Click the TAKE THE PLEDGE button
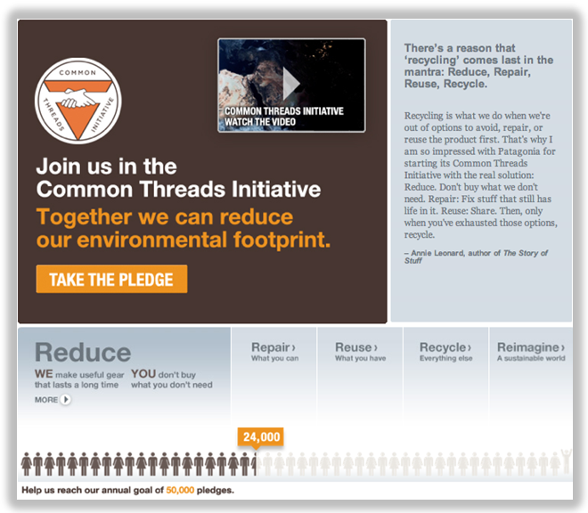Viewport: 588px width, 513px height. tap(111, 279)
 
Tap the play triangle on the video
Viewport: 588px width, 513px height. tap(290, 84)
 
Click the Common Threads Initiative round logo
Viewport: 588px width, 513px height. tap(78, 101)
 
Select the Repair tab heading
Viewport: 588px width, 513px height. tap(274, 346)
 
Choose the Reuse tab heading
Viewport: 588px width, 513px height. tap(356, 346)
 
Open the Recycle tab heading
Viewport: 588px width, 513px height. tap(445, 347)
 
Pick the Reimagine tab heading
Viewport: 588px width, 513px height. tap(531, 346)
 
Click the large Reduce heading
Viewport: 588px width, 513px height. tap(83, 352)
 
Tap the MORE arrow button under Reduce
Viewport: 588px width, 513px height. tap(66, 399)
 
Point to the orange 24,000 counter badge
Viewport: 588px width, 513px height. tap(261, 437)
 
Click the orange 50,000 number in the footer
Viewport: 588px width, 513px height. tap(180, 490)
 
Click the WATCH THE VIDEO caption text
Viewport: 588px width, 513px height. tap(260, 122)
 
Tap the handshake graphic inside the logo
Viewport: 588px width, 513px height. tap(78, 97)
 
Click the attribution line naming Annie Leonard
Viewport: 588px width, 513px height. tap(476, 256)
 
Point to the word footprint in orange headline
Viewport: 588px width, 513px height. tap(282, 240)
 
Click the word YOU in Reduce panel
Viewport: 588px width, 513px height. tap(143, 374)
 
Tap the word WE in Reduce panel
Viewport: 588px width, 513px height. tap(44, 374)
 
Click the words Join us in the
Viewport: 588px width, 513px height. tap(107, 167)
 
